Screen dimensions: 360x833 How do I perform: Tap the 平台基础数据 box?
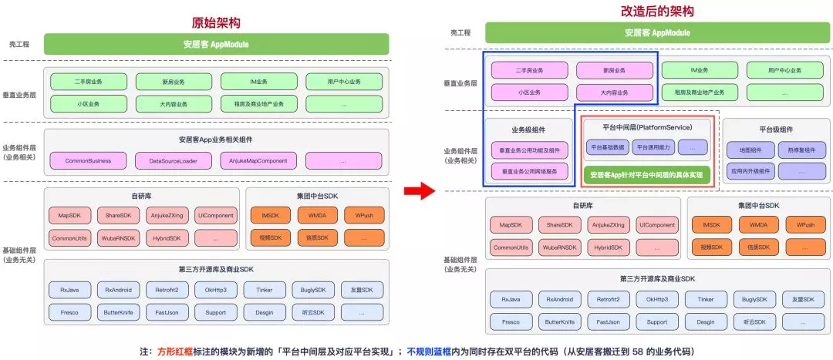[x=608, y=146]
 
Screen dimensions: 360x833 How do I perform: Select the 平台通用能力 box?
[x=653, y=146]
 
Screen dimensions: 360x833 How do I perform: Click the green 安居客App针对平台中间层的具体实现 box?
[x=646, y=175]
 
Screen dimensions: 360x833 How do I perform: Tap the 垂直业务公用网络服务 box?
[x=529, y=171]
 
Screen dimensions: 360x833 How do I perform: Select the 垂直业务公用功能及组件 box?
[x=529, y=150]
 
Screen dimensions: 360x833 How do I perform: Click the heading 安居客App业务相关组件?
[x=216, y=140]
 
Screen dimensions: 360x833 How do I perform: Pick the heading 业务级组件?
[x=529, y=130]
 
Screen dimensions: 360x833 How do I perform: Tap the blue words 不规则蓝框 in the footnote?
[x=430, y=352]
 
